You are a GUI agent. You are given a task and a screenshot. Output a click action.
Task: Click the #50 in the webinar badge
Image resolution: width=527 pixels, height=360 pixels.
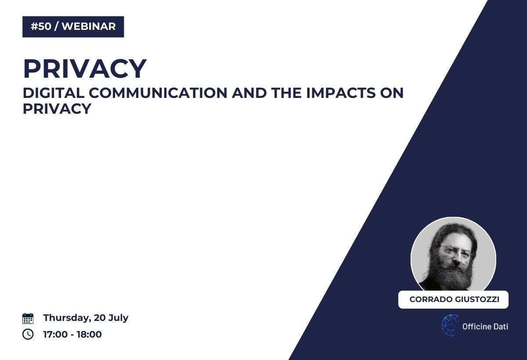click(41, 26)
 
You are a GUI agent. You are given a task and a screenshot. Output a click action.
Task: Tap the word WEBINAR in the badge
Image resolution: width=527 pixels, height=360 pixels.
click(89, 26)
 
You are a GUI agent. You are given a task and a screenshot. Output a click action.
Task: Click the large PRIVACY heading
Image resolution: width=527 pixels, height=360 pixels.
click(85, 68)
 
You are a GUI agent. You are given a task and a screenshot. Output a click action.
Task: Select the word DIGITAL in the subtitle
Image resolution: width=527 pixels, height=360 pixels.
click(54, 93)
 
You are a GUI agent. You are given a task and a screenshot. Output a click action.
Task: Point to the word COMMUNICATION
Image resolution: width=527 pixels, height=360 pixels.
click(158, 93)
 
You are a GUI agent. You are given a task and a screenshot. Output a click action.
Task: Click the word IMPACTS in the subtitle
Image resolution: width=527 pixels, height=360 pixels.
click(341, 93)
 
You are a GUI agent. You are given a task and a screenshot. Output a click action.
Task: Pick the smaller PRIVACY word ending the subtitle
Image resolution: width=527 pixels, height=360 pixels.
click(57, 108)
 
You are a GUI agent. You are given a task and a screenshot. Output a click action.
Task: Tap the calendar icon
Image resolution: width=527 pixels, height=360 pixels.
click(28, 318)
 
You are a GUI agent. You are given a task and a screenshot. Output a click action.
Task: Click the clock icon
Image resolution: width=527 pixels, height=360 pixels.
click(28, 334)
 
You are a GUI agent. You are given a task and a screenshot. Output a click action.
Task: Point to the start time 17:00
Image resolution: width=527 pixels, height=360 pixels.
click(55, 334)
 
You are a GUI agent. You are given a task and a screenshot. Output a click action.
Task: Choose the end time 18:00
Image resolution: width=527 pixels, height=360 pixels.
click(89, 334)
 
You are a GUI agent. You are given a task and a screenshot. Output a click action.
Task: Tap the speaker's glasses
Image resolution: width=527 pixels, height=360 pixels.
click(455, 251)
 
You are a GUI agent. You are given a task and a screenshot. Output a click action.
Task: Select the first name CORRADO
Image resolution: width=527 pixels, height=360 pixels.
click(431, 299)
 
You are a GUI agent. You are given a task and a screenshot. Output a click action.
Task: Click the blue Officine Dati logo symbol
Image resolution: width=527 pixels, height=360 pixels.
click(450, 325)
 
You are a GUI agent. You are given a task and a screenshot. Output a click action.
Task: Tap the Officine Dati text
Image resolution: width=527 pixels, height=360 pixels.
click(485, 326)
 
